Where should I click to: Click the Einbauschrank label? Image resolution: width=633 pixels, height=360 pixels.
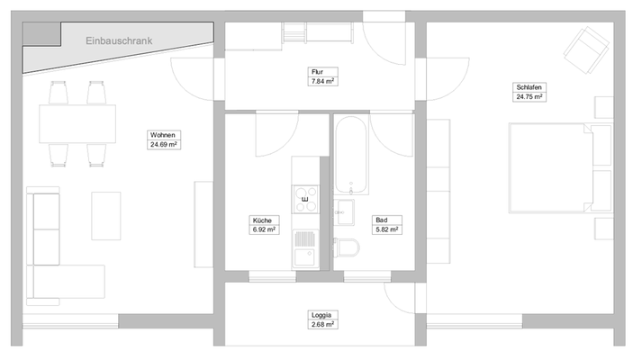click(x=119, y=40)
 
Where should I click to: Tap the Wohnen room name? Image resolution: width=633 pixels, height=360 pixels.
click(x=163, y=135)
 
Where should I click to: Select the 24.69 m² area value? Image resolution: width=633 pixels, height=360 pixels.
click(x=163, y=144)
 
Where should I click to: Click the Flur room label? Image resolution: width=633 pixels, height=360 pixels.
click(x=317, y=71)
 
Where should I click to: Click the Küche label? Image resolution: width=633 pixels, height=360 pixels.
click(x=262, y=220)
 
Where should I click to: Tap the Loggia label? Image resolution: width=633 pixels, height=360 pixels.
click(x=321, y=314)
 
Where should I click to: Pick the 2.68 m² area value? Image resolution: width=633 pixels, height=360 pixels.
click(x=321, y=323)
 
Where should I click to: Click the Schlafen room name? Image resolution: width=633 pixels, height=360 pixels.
click(x=531, y=87)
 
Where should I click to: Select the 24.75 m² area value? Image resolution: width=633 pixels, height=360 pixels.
click(x=531, y=96)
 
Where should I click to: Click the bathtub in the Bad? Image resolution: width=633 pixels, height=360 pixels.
click(x=350, y=157)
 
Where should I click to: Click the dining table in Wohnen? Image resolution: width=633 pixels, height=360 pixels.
click(x=77, y=123)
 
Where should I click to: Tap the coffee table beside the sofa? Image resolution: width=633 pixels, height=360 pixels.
click(x=105, y=215)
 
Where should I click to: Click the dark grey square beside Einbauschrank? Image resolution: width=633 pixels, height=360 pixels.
click(x=39, y=33)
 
